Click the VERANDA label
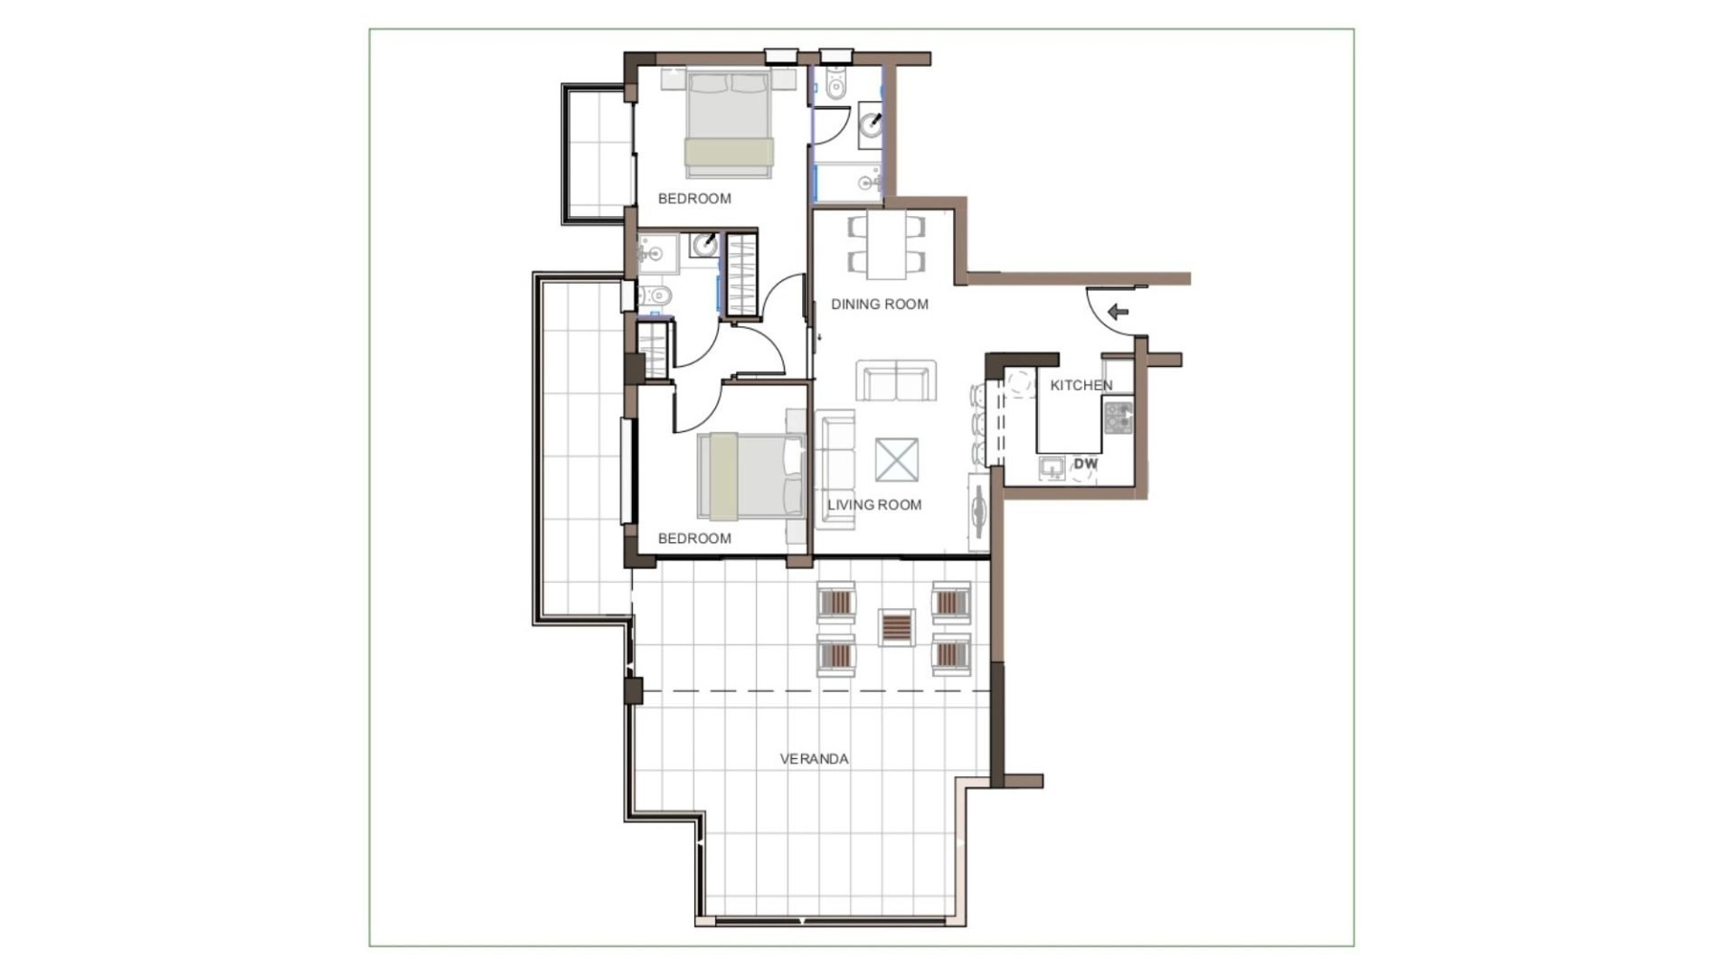pos(814,759)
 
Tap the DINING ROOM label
pos(880,305)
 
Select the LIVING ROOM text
pos(874,505)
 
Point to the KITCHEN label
pos(1081,386)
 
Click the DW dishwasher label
pos(1086,464)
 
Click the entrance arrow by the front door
pos(1118,313)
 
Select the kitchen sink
pos(1052,468)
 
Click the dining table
pos(887,245)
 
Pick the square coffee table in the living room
pos(896,460)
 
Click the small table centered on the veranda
pos(897,627)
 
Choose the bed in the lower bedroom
pos(750,476)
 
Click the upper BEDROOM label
pos(694,199)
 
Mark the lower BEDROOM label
pos(694,539)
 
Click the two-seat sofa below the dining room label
pos(896,380)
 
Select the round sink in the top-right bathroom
pos(872,124)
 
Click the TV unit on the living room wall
pos(979,511)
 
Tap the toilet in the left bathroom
pos(656,295)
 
